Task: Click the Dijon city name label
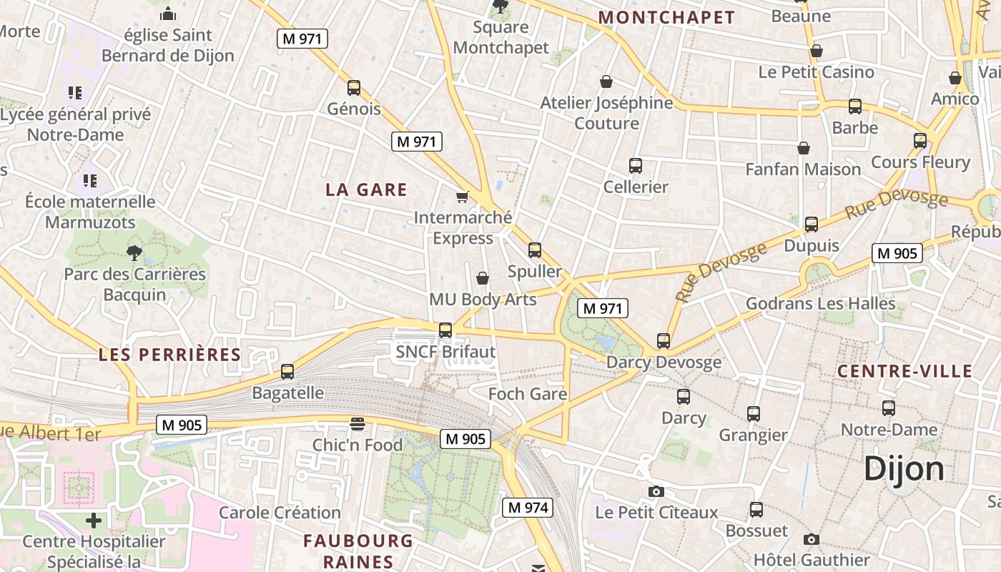pos(904,469)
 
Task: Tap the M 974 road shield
pos(528,508)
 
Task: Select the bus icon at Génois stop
pos(353,88)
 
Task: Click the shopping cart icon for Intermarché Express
pos(463,196)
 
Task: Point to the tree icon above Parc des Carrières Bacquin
pos(134,252)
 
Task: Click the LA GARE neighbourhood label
pos(366,189)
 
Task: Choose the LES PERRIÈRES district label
pos(169,355)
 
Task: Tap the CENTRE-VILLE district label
pos(904,371)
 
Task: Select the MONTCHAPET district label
pos(666,18)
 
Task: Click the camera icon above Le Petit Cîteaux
pos(656,491)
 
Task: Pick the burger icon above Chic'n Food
pos(357,424)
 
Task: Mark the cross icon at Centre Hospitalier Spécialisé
pos(94,520)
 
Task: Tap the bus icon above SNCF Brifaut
pos(445,330)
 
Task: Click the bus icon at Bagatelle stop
pos(287,372)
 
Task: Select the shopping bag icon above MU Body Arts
pos(483,277)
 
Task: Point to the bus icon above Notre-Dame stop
pos(889,408)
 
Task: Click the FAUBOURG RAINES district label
pos(358,551)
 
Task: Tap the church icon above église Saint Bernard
pos(168,14)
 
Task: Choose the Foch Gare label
pos(528,394)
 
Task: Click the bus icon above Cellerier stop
pos(636,166)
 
